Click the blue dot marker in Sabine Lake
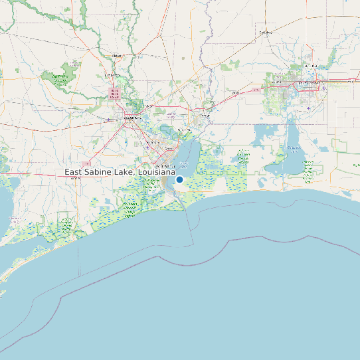179,179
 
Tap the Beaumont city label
128,119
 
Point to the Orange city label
205,115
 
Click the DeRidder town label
266,32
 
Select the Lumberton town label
114,76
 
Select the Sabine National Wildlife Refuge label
243,157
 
